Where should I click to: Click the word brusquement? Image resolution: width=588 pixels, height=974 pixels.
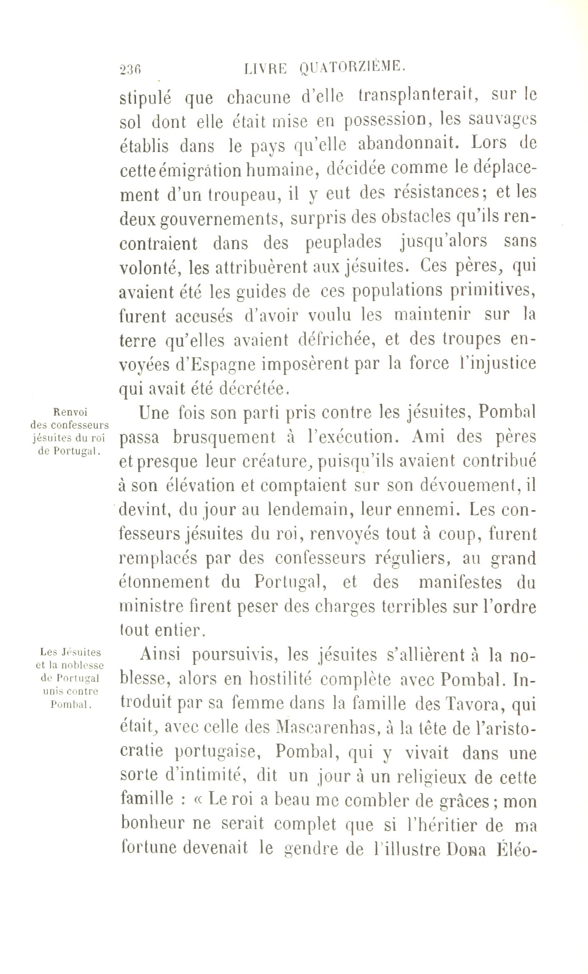[x=224, y=438]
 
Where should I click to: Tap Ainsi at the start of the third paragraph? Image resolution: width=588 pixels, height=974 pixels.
[x=160, y=654]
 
